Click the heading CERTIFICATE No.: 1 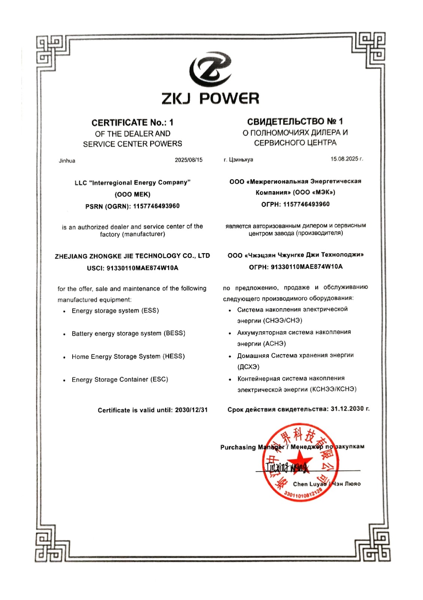coord(132,123)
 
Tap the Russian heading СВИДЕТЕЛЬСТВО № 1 coord(295,121)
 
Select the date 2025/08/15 coord(188,160)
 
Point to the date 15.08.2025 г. coord(346,159)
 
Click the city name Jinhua coord(67,161)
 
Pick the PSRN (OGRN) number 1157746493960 coord(156,206)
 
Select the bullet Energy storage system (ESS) coord(115,311)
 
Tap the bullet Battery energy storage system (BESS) coord(128,333)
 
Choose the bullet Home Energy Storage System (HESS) coord(128,356)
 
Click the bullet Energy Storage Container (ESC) coord(120,379)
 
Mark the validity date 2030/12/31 coord(191,410)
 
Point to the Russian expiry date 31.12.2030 coord(347,409)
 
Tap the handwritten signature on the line coord(287,467)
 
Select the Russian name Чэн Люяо coord(347,484)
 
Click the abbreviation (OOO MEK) coord(133,194)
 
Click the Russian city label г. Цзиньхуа coord(238,160)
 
